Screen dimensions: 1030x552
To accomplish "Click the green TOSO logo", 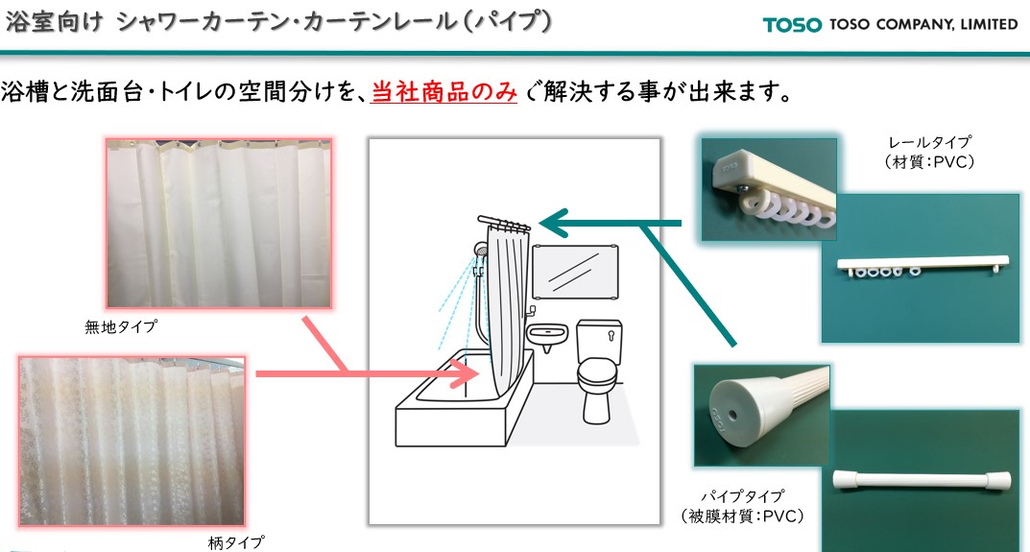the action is pyautogui.click(x=792, y=25).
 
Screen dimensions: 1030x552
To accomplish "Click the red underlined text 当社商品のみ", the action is pyautogui.click(x=444, y=92).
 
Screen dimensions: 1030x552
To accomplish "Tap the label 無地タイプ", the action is pyautogui.click(x=121, y=326).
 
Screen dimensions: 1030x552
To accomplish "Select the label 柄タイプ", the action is pyautogui.click(x=236, y=542).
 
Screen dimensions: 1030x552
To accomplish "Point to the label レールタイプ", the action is pyautogui.click(x=929, y=142).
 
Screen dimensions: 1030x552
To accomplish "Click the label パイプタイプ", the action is pyautogui.click(x=742, y=497).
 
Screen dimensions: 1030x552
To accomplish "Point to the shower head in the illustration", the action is pyautogui.click(x=481, y=250).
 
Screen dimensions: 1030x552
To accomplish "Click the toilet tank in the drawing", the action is pyautogui.click(x=599, y=341).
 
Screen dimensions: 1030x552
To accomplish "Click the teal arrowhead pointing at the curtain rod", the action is pyautogui.click(x=555, y=224).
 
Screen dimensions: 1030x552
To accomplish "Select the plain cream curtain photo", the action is pyautogui.click(x=219, y=223).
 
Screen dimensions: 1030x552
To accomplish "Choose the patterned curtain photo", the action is pyautogui.click(x=132, y=441).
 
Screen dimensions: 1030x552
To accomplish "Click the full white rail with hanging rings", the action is pyautogui.click(x=922, y=265).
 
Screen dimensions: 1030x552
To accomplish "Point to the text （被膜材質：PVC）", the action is pyautogui.click(x=742, y=516).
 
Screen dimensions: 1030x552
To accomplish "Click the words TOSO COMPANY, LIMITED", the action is pyautogui.click(x=923, y=24).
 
